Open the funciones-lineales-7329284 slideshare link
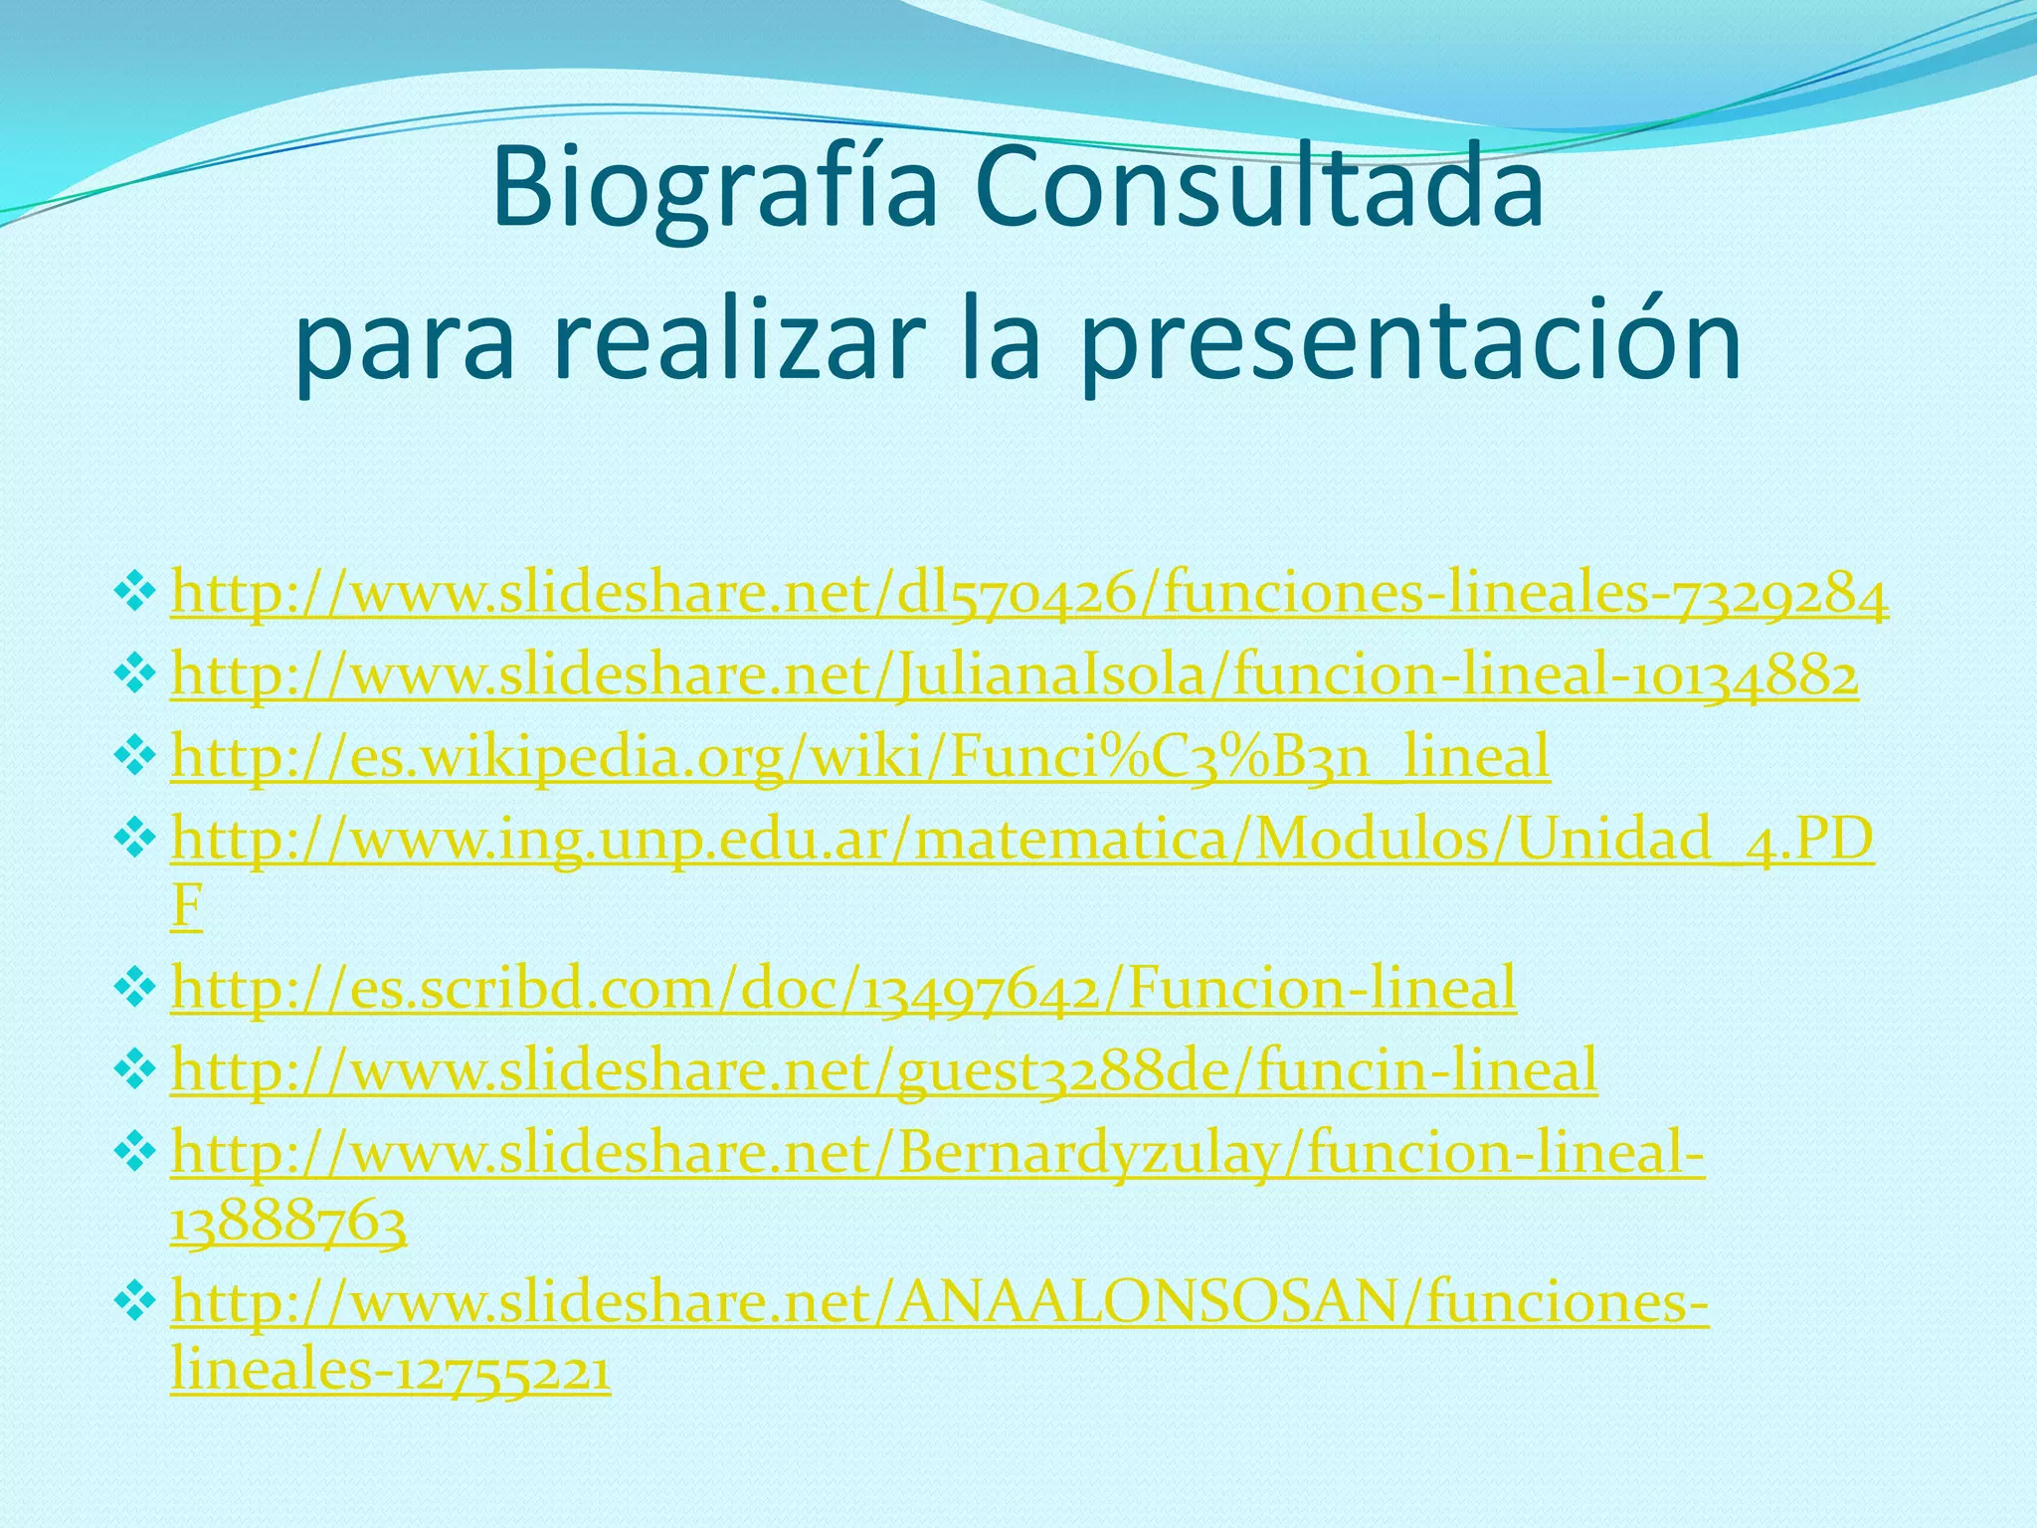[1028, 596]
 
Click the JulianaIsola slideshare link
[1015, 677]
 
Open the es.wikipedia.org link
[860, 757]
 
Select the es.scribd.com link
[843, 988]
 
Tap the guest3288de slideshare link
[884, 1070]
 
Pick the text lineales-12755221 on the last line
[390, 1372]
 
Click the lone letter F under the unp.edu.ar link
[186, 906]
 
